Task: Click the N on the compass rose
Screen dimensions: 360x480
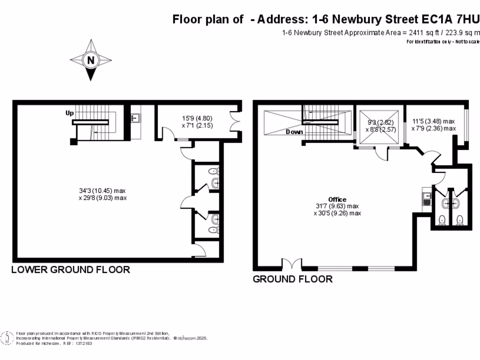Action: pos(90,60)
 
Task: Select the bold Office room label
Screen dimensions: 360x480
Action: pos(337,200)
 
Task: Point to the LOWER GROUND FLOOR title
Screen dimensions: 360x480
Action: pos(70,270)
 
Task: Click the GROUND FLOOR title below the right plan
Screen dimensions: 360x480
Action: pos(292,279)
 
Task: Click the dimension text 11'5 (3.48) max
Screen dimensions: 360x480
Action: pos(434,121)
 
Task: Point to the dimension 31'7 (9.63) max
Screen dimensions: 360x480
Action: pos(337,206)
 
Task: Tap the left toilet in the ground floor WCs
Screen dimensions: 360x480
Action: pos(441,220)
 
